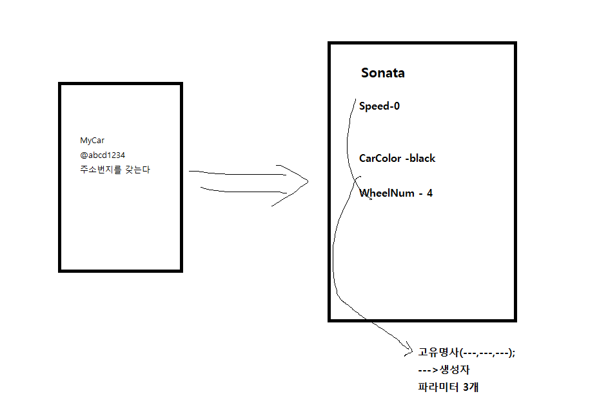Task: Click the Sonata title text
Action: coord(383,73)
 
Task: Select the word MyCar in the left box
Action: coord(92,141)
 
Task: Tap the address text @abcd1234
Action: coord(103,155)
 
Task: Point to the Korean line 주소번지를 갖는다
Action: coord(115,170)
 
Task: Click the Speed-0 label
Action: coord(379,106)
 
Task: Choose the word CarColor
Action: coord(380,159)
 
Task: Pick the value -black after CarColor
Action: coord(420,159)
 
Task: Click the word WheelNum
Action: coord(387,193)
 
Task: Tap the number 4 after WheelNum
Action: coord(429,193)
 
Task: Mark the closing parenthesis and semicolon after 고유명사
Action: coord(513,353)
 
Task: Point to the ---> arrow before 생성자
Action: coord(427,370)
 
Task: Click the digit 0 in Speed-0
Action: coord(397,106)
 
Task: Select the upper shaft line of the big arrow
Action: coord(239,173)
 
